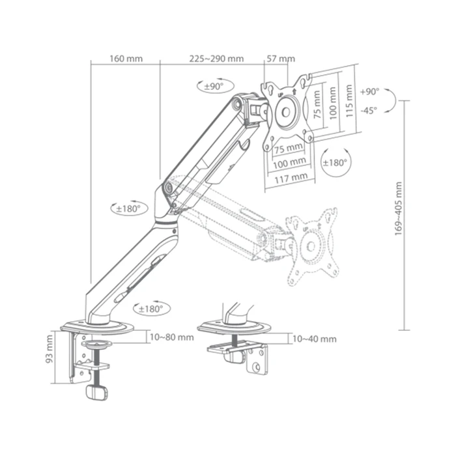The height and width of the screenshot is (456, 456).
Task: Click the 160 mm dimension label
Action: coord(126,59)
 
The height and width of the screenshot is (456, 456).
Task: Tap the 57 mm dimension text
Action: coord(281,59)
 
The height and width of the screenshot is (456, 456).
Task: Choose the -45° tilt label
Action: coord(369,110)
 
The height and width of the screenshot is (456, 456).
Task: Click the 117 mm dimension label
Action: coord(291,177)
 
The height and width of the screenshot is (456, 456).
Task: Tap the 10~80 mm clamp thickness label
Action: coord(171,337)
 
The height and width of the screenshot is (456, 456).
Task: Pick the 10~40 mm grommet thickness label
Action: coord(315,339)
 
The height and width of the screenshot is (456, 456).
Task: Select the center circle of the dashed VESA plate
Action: coord(311,246)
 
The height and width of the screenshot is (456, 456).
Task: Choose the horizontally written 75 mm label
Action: coord(287,149)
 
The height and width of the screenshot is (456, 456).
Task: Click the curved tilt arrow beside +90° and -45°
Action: coord(390,102)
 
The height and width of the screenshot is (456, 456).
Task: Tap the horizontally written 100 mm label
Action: coord(290,162)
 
